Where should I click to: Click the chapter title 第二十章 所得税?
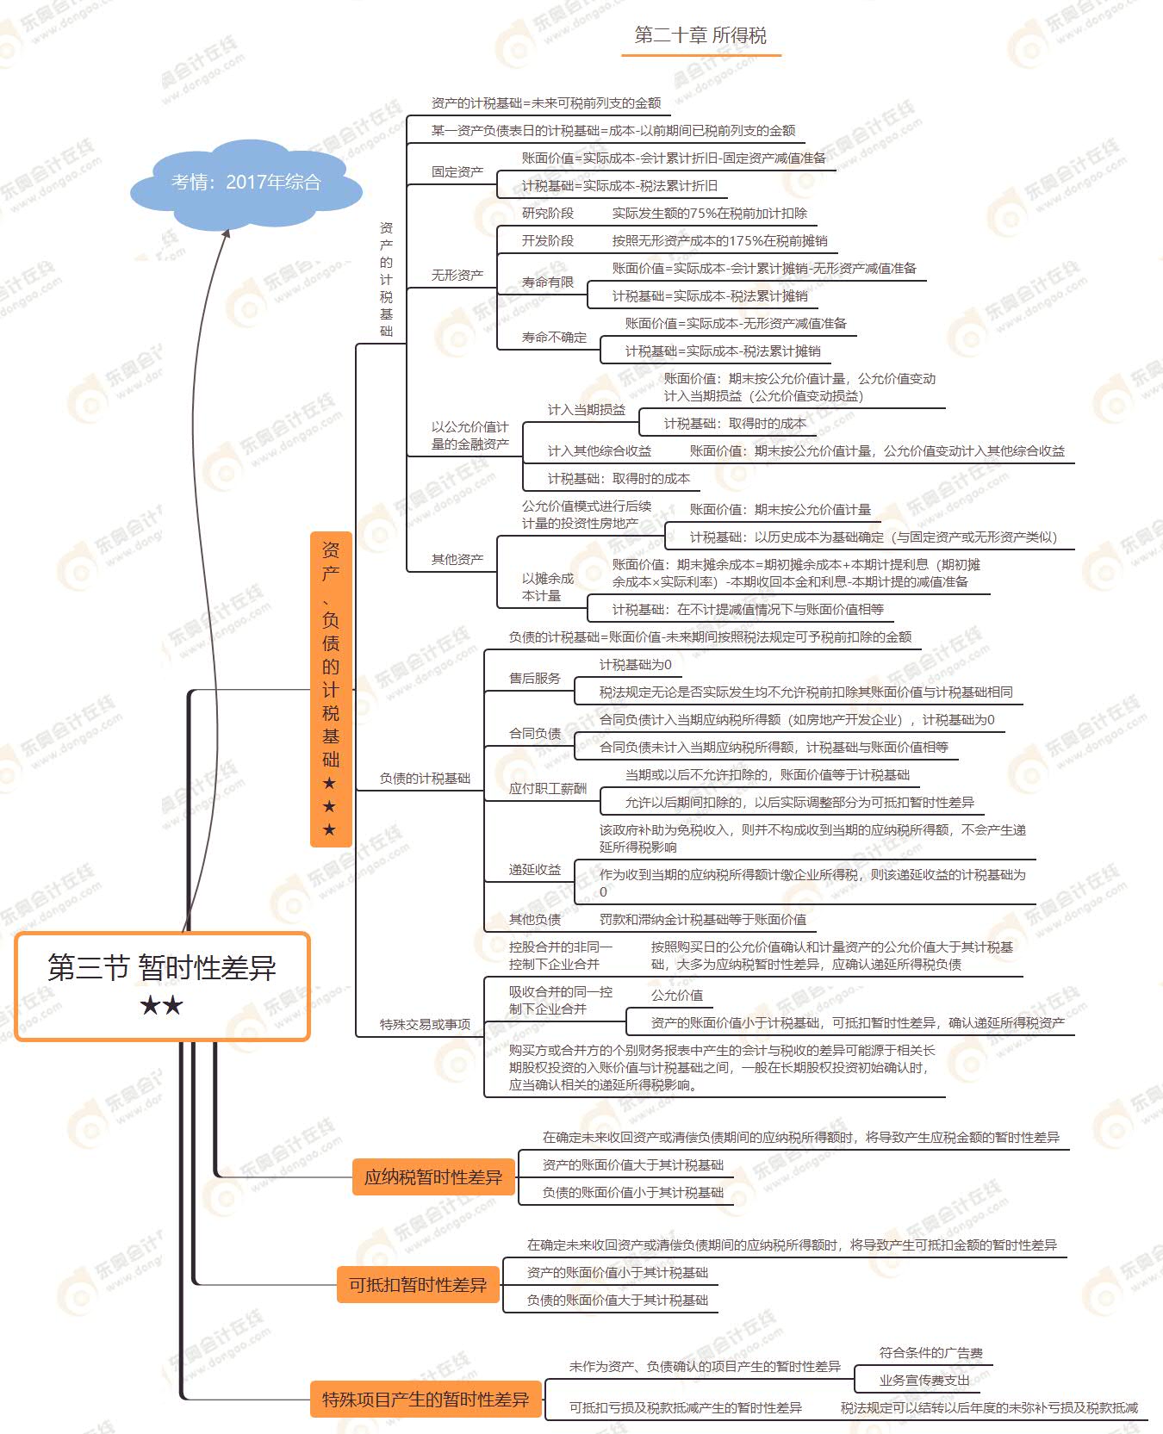pyautogui.click(x=700, y=35)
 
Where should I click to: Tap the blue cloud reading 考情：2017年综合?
pyautogui.click(x=246, y=183)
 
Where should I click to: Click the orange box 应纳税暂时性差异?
pyautogui.click(x=433, y=1177)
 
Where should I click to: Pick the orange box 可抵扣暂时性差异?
pyautogui.click(x=418, y=1285)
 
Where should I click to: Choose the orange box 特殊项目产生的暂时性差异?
pyautogui.click(x=426, y=1400)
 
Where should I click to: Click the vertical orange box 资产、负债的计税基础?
pyautogui.click(x=330, y=689)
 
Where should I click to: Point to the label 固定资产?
pyautogui.click(x=457, y=172)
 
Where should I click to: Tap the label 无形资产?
pyautogui.click(x=457, y=276)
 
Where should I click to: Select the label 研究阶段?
pyautogui.click(x=548, y=214)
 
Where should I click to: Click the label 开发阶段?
pyautogui.click(x=548, y=241)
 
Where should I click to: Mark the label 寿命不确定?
pyautogui.click(x=554, y=338)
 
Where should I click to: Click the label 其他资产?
pyautogui.click(x=457, y=560)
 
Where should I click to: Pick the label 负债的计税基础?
pyautogui.click(x=425, y=779)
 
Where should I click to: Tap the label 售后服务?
pyautogui.click(x=535, y=679)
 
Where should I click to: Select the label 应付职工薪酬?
pyautogui.click(x=548, y=789)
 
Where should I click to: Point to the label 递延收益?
pyautogui.click(x=535, y=870)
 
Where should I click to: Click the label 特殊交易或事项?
pyautogui.click(x=425, y=1025)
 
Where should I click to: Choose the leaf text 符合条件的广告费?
pyautogui.click(x=930, y=1353)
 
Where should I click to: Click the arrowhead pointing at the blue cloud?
pyautogui.click(x=227, y=234)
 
